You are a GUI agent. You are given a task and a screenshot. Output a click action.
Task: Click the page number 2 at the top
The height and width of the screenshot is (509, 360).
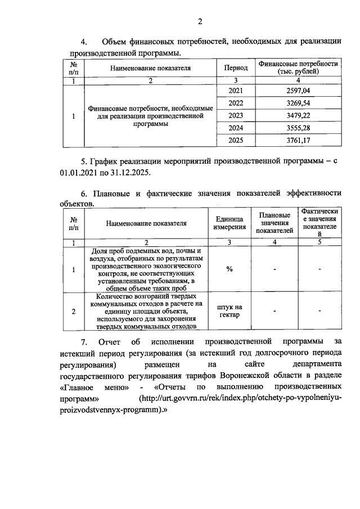coord(199,22)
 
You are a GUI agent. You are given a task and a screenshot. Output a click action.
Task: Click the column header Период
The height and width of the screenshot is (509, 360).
coord(236,68)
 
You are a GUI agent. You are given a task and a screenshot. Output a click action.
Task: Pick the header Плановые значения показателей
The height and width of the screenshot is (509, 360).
coord(274,223)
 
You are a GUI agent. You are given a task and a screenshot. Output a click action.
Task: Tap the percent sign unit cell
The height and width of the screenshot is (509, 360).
coord(229,269)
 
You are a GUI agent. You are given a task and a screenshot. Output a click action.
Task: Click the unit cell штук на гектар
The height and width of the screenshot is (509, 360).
coord(229,311)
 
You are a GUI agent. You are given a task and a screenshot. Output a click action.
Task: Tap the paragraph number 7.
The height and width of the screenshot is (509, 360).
coord(83,341)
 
